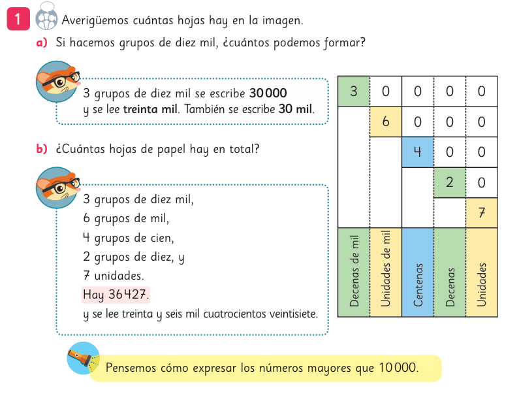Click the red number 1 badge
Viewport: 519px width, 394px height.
18,20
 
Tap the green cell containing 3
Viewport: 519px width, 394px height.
354,91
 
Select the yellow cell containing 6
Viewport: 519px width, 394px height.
386,122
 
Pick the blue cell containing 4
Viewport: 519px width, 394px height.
418,152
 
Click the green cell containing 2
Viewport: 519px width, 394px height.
450,182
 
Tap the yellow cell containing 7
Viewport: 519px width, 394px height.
482,212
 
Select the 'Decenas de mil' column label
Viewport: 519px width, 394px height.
354,272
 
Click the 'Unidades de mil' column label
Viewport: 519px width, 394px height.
386,272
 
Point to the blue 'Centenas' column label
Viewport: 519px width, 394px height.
418,272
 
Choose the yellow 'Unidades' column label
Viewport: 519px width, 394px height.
482,272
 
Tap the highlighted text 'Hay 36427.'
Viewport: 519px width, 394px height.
116,295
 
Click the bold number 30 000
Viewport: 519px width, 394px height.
268,93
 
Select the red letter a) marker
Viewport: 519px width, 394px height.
42,43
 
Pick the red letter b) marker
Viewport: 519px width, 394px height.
42,150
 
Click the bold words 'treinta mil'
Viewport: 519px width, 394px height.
150,109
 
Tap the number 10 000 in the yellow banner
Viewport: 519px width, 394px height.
396,368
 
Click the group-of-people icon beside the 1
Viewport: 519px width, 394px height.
46,20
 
